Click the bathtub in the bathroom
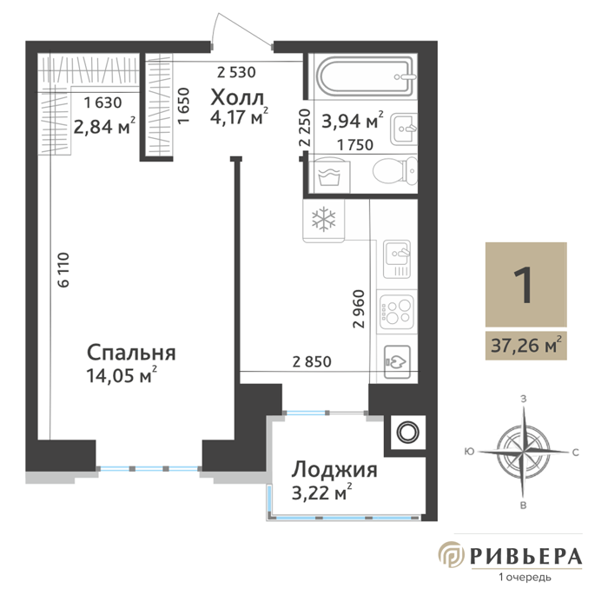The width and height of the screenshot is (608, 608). (x=367, y=76)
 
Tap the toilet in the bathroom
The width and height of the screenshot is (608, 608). (x=395, y=170)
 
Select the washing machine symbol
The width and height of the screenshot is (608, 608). (x=329, y=175)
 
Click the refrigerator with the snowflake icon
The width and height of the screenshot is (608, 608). (x=324, y=221)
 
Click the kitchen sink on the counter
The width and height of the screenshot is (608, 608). (x=397, y=259)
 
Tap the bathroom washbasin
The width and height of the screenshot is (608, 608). (x=404, y=129)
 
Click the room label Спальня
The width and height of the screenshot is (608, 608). (x=131, y=353)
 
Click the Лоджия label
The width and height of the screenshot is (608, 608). (x=334, y=470)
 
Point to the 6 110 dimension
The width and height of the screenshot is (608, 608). (x=63, y=270)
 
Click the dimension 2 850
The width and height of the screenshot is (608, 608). (x=312, y=362)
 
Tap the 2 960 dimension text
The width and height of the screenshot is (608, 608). (x=359, y=309)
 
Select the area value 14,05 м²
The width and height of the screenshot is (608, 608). (x=122, y=375)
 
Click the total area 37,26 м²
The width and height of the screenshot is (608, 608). (x=526, y=345)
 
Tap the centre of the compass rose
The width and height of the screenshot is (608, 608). (x=523, y=452)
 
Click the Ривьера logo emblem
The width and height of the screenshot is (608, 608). (x=452, y=554)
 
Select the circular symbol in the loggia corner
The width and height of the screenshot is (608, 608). (x=408, y=432)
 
